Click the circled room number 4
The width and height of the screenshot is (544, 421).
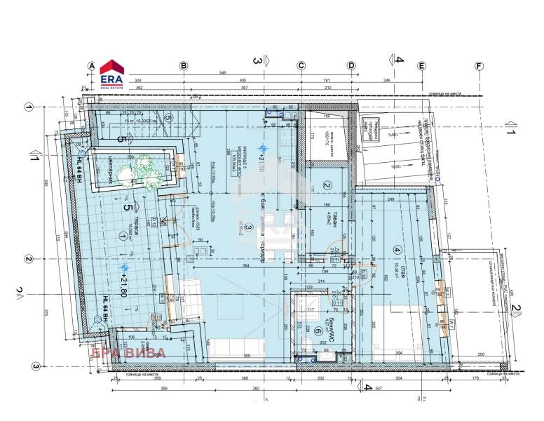coord(397,249)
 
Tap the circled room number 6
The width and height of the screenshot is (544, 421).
coord(318,332)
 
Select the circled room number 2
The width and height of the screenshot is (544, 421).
coord(327,186)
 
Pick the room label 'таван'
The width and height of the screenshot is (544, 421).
coord(327,215)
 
